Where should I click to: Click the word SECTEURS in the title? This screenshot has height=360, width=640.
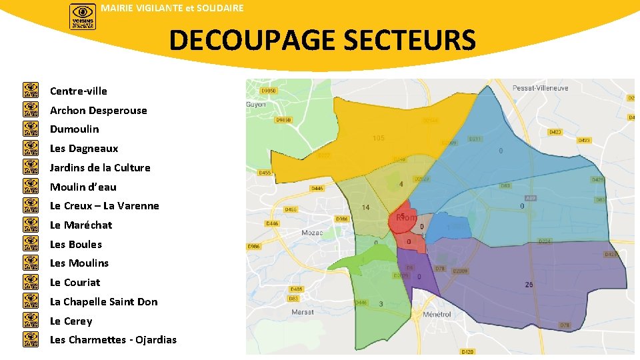click(x=410, y=40)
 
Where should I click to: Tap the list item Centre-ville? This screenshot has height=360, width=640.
click(x=78, y=91)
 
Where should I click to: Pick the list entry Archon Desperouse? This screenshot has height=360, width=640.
click(x=98, y=110)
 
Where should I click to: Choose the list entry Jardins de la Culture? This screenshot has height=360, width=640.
click(x=100, y=167)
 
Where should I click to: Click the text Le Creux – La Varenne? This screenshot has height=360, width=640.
click(x=104, y=205)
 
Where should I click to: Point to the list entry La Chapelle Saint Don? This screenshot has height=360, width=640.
click(x=103, y=301)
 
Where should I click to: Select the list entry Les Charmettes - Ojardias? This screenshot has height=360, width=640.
click(x=113, y=340)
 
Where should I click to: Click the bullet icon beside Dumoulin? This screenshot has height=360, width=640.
click(x=31, y=129)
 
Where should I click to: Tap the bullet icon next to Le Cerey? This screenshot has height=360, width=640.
click(x=31, y=321)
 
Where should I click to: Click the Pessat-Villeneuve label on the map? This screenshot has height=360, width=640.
click(x=541, y=88)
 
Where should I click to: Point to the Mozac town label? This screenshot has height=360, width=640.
click(x=312, y=233)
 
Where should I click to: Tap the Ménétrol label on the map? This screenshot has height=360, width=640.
click(x=437, y=314)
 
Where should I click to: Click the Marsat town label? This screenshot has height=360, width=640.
click(x=303, y=311)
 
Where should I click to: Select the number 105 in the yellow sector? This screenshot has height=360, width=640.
click(x=379, y=138)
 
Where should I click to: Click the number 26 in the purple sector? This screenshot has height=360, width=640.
click(x=529, y=285)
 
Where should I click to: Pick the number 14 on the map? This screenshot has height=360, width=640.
click(x=365, y=207)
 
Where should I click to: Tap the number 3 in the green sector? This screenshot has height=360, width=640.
click(x=381, y=304)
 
